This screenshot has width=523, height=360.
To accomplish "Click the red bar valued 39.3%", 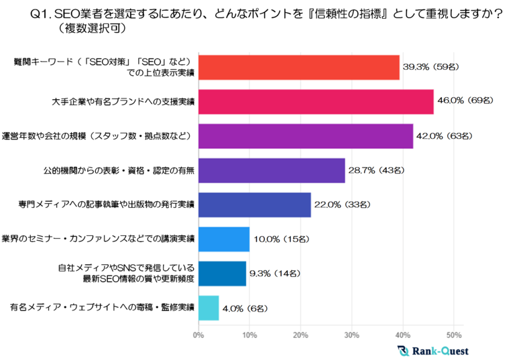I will pyautogui.click(x=298, y=67).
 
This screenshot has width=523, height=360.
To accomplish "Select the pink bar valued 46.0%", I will pyautogui.click(x=315, y=101).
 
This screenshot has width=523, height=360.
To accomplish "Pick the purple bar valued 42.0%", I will pyautogui.click(x=305, y=136).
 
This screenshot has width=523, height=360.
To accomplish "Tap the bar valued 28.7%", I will pyautogui.click(x=272, y=170).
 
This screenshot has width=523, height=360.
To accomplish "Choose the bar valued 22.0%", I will pyautogui.click(x=254, y=204).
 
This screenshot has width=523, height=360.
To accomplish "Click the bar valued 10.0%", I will pyautogui.click(x=224, y=239).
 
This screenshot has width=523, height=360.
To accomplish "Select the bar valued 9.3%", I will pyautogui.click(x=222, y=274).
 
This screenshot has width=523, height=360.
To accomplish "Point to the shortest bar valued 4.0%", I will pyautogui.click(x=209, y=308).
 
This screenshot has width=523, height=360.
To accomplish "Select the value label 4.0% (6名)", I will pyautogui.click(x=246, y=308).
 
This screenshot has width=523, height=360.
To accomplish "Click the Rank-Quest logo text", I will pyautogui.click(x=440, y=351).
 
